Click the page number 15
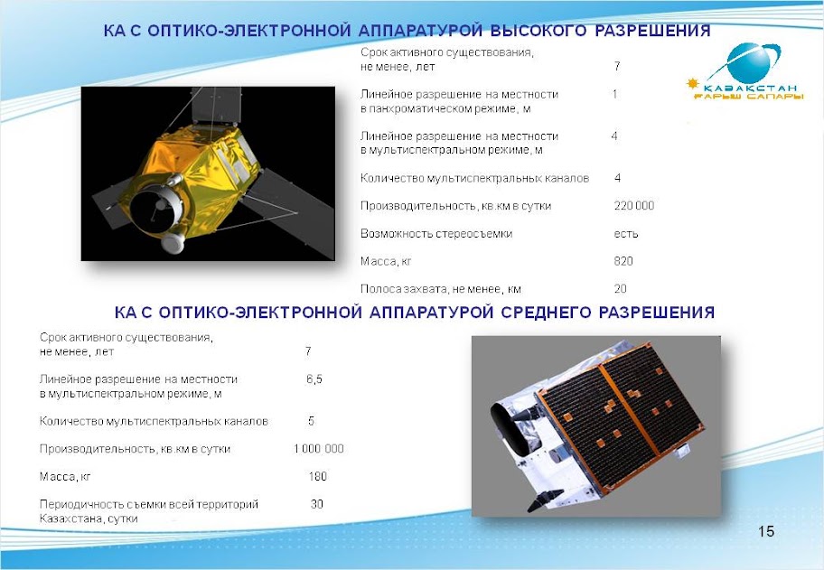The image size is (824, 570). [x=766, y=532]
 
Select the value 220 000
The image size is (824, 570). [x=634, y=206]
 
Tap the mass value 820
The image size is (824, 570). [x=623, y=261]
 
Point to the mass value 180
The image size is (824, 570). [x=317, y=476]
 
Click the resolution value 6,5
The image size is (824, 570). [x=314, y=379]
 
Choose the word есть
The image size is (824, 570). [x=626, y=234]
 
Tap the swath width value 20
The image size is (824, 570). [x=620, y=288]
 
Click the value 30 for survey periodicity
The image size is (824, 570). [x=316, y=504]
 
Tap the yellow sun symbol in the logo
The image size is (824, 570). [x=693, y=83]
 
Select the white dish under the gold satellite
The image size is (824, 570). [x=173, y=242]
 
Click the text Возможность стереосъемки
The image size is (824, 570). [x=436, y=234]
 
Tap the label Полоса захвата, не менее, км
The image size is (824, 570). [x=440, y=289]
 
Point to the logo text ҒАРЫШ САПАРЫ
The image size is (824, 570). [x=748, y=97]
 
